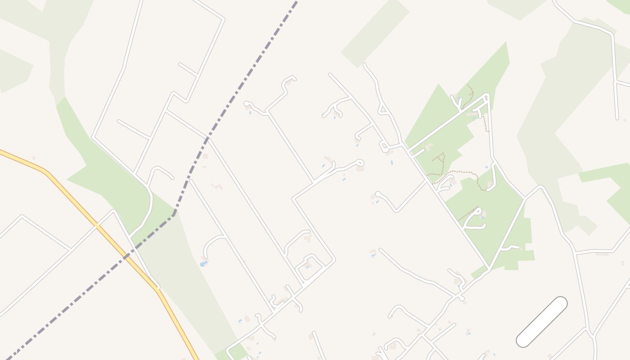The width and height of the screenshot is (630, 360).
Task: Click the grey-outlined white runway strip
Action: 541,322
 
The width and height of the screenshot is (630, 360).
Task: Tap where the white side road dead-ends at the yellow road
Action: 157,287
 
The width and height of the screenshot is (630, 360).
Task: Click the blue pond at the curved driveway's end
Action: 204,263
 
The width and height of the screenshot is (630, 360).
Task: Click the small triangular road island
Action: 383,109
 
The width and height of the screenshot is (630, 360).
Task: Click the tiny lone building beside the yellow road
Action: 33,158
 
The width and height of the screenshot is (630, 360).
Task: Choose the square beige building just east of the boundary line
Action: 205,156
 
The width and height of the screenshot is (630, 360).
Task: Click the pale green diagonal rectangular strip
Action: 375,34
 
